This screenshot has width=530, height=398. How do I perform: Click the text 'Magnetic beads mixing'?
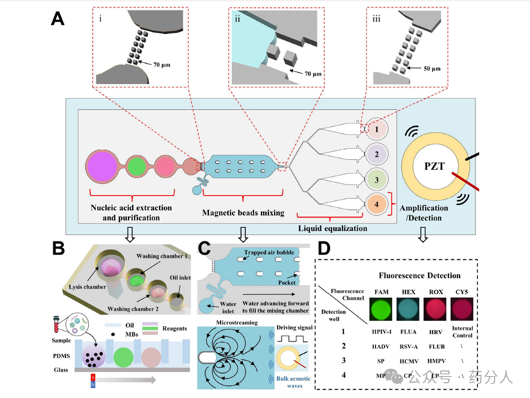(243, 213)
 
